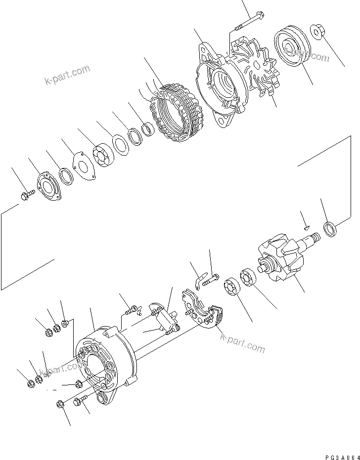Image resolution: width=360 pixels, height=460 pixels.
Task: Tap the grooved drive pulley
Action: (x=290, y=49)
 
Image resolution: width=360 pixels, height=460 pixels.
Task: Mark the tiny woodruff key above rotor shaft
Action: (x=306, y=228)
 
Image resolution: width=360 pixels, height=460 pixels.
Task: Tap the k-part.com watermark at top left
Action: (x=67, y=74)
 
